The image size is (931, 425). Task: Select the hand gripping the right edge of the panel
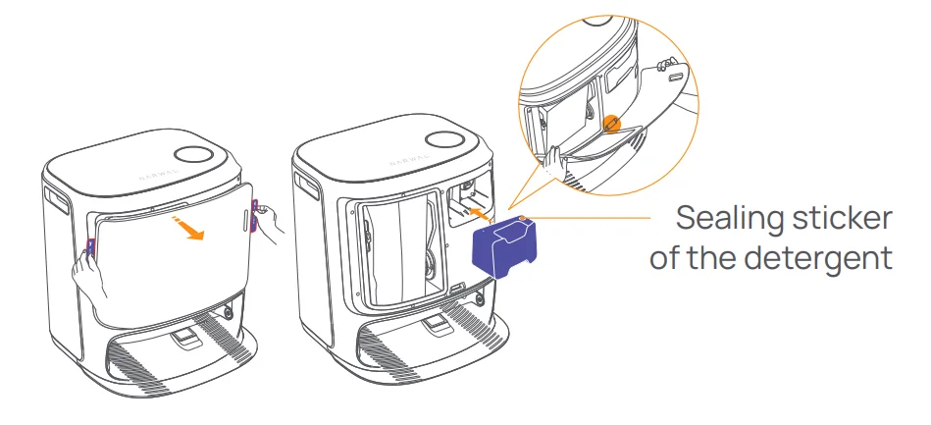pos(267,221)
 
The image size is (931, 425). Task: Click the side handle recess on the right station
pos(306,188)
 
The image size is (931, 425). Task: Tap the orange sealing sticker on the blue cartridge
pos(523,219)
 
